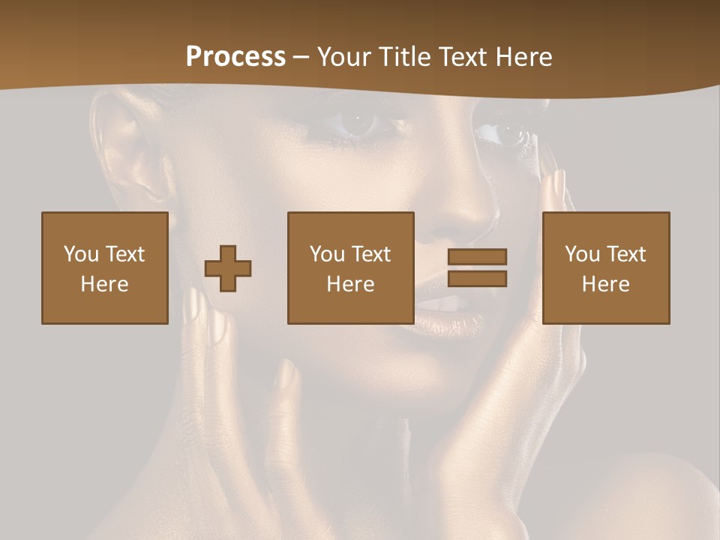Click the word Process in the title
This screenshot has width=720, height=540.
tap(235, 57)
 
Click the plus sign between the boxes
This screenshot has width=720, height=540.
tap(228, 268)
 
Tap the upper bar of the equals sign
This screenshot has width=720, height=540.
tap(477, 256)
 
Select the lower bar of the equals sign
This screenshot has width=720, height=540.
tap(477, 279)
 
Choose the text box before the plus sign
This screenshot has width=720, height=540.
tap(105, 268)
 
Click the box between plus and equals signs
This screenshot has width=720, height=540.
tap(351, 268)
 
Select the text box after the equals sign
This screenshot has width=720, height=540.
tap(606, 268)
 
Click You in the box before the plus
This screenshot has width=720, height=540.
tap(81, 254)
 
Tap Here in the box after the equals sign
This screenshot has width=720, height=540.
tap(606, 284)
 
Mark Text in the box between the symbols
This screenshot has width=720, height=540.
tap(370, 254)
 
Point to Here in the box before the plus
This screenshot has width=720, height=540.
tap(105, 284)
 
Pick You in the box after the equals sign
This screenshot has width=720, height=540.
tap(582, 254)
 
